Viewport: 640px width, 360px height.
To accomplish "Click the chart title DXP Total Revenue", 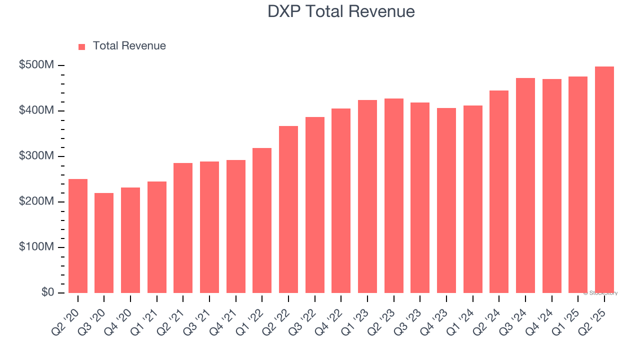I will click(341, 11).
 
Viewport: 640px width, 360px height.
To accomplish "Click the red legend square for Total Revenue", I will click(82, 47).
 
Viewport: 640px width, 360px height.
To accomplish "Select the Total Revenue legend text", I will click(129, 46).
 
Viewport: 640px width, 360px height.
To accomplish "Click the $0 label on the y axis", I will click(47, 292).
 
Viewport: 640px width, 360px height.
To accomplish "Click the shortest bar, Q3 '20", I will click(104, 243).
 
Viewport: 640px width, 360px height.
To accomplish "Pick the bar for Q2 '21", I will click(183, 228).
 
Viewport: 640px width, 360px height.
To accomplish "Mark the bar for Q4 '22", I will click(341, 200).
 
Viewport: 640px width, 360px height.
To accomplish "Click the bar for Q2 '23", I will click(394, 195).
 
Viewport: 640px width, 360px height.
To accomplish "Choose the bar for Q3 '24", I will click(525, 185).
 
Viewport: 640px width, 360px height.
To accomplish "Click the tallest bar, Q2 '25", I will click(604, 179).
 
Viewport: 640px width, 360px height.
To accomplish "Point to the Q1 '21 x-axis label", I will click(144, 316).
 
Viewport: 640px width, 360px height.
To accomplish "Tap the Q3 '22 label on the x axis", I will click(302, 316).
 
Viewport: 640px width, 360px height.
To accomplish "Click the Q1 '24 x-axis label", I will click(460, 316).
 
